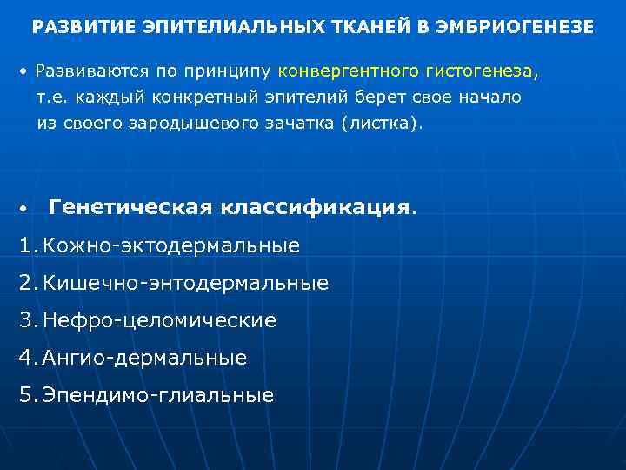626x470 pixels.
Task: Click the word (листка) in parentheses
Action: point(386,123)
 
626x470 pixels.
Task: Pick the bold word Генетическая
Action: point(130,207)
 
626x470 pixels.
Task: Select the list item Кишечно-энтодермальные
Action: point(186,283)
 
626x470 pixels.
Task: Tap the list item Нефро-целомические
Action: point(160,320)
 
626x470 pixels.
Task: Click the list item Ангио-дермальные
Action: point(145,358)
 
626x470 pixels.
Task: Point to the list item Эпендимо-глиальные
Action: point(158,395)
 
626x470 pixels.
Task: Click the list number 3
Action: point(26,320)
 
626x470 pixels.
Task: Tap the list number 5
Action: point(26,395)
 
